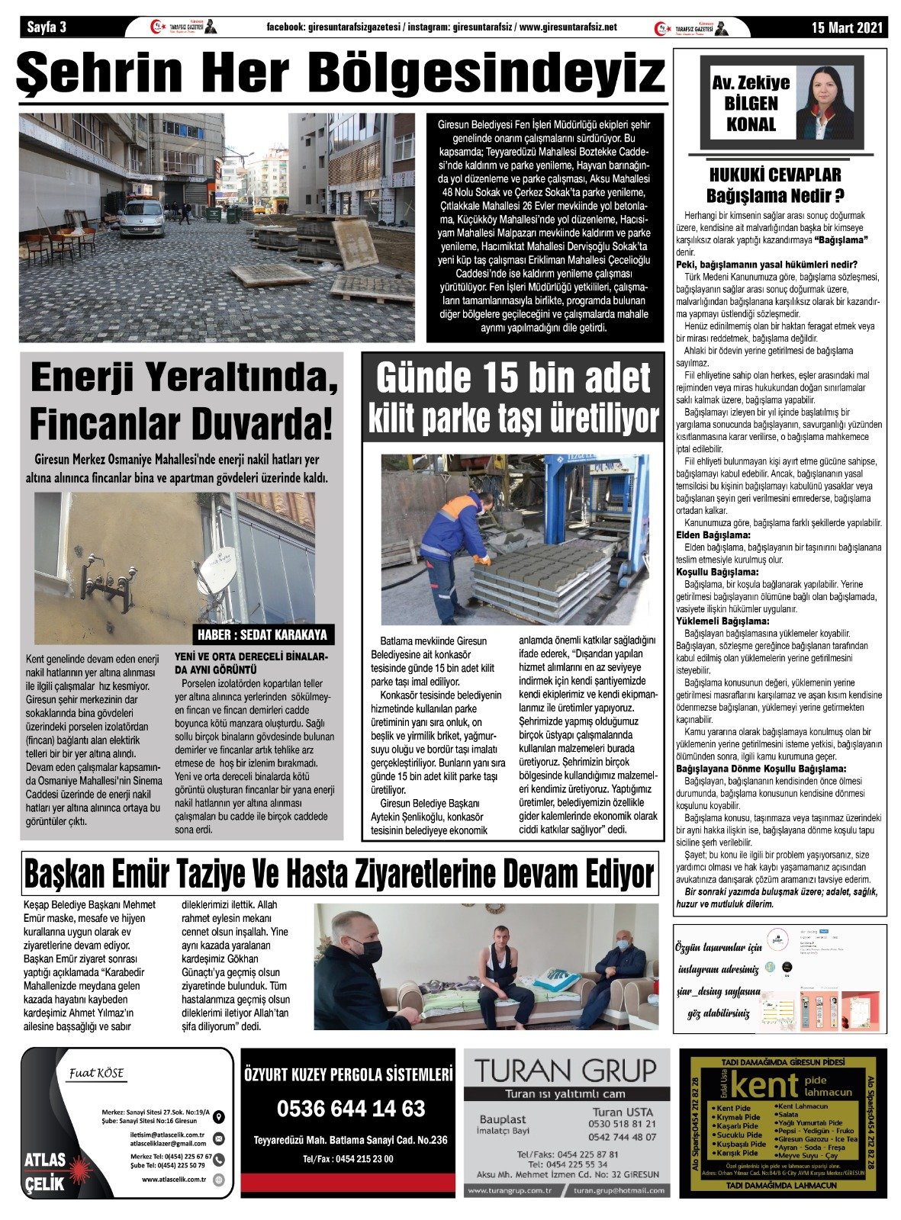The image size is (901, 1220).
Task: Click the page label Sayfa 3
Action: pyautogui.click(x=47, y=27)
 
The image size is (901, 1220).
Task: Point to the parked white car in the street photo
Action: pyautogui.click(x=142, y=217)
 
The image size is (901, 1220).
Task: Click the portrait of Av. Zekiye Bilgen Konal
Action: pyautogui.click(x=824, y=103)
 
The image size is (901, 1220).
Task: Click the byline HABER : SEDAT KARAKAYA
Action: pyautogui.click(x=262, y=634)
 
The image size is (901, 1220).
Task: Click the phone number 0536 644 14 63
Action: pyautogui.click(x=350, y=1108)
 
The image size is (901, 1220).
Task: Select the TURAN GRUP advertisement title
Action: pyautogui.click(x=565, y=1070)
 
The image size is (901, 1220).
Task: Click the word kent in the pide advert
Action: pyautogui.click(x=764, y=1085)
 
